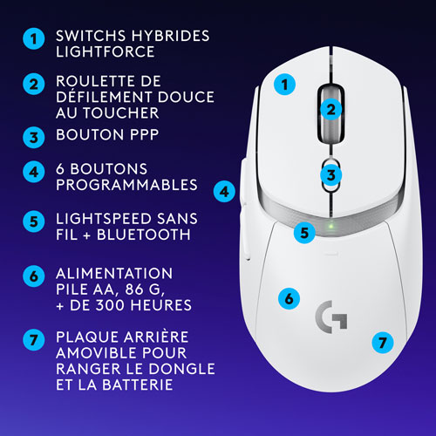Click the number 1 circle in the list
pyautogui.click(x=32, y=39)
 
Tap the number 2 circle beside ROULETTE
pyautogui.click(x=32, y=85)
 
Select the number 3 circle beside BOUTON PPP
pyautogui.click(x=32, y=137)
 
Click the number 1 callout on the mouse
pyautogui.click(x=283, y=85)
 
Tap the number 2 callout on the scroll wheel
pyautogui.click(x=330, y=109)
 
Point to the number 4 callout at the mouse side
pyautogui.click(x=224, y=189)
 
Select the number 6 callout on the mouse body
pyautogui.click(x=284, y=297)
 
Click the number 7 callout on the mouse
pyautogui.click(x=378, y=342)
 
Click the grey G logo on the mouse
pyautogui.click(x=329, y=317)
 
